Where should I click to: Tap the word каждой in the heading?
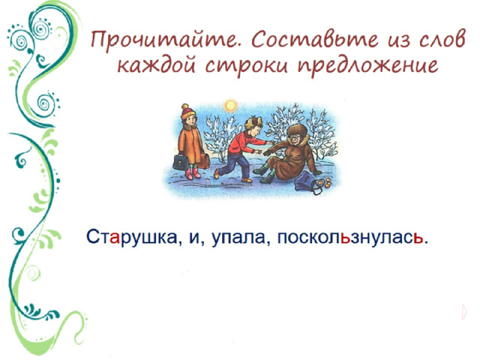coord(156,64)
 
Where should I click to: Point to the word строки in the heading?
coord(247,66)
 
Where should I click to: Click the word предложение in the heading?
coord(368,66)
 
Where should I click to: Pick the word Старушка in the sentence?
coord(133,236)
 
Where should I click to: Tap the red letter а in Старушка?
coord(114,238)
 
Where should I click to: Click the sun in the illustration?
coord(230,106)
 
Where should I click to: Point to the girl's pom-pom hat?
coord(187,112)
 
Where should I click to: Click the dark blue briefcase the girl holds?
coord(181,162)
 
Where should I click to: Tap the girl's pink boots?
coord(193,173)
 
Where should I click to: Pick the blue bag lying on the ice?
coord(308,181)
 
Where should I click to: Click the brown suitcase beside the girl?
coord(203,161)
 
